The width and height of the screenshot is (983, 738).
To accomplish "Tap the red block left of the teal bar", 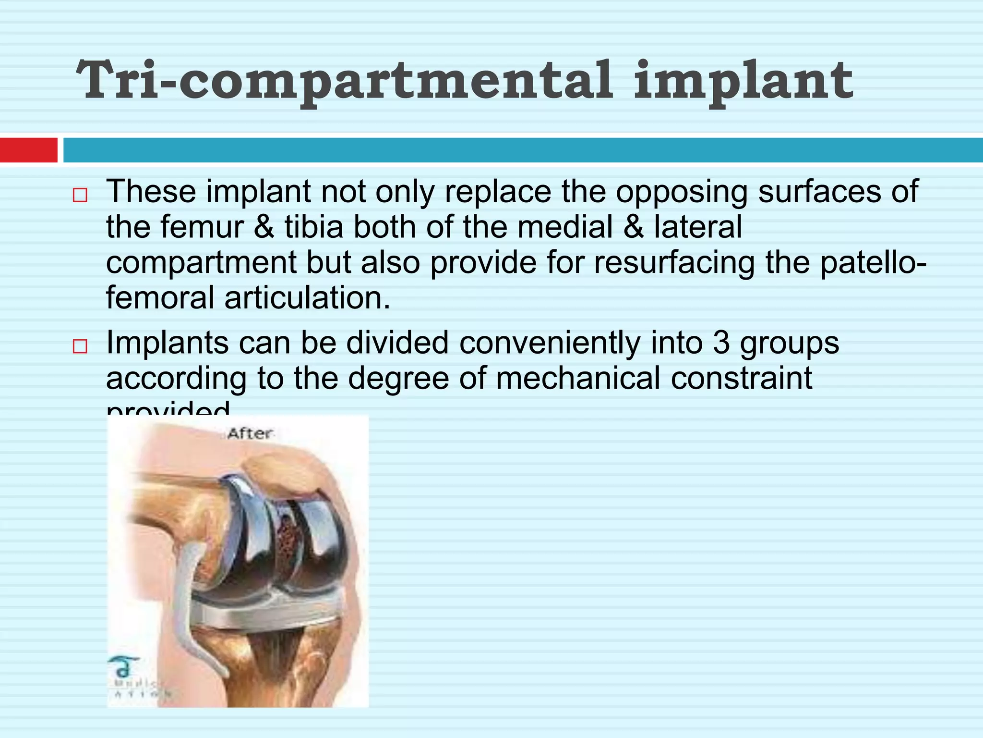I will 28,150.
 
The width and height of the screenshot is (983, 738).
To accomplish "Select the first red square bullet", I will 80,196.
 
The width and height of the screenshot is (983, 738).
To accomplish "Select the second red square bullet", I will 80,346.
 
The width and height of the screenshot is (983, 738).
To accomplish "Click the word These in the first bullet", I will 151,191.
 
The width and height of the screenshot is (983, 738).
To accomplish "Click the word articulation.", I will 307,298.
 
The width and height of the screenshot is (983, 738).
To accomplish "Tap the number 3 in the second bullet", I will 721,343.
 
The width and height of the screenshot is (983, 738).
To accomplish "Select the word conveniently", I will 550,343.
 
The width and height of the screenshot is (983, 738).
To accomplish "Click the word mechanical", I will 578,379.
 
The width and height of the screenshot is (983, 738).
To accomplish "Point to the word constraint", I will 742,379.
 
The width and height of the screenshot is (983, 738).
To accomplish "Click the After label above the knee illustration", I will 250,433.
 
